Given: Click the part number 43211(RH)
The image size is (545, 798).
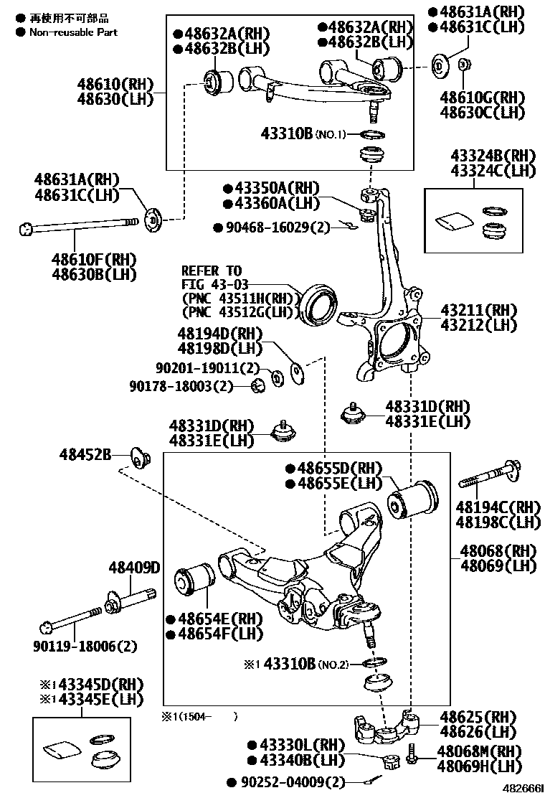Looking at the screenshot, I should click(x=478, y=310).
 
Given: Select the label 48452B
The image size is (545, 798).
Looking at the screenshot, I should click(x=85, y=454).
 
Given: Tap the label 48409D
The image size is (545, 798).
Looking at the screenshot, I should click(x=134, y=568).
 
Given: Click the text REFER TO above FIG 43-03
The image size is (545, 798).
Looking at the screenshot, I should click(x=212, y=271).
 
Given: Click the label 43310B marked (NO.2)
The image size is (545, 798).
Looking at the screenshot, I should click(x=290, y=664).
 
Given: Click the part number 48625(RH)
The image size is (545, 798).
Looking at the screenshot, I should click(x=478, y=717).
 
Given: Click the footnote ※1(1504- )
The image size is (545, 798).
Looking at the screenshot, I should click(x=199, y=715).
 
